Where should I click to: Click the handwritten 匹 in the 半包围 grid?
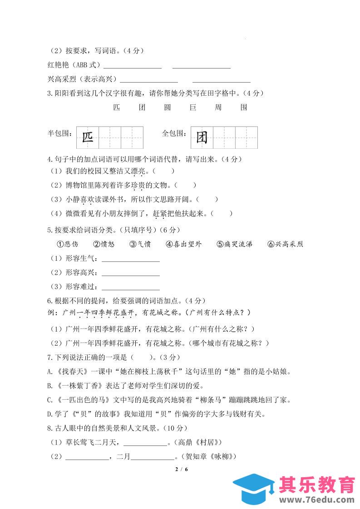pyautogui.click(x=88, y=137)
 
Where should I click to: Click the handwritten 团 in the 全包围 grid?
pyautogui.click(x=202, y=137)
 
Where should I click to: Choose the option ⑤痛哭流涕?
pyautogui.click(x=234, y=244)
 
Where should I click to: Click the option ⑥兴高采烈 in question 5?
pyautogui.click(x=285, y=244)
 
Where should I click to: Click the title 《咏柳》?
pyautogui.click(x=224, y=456)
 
